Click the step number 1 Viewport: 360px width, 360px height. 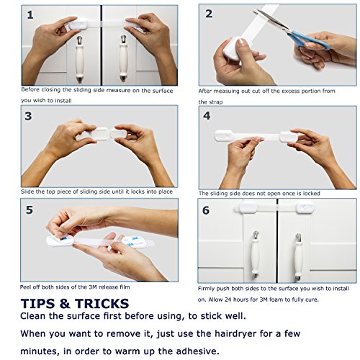click(x=30, y=15)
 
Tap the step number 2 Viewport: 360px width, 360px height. click(x=209, y=14)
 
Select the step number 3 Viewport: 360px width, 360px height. click(x=28, y=116)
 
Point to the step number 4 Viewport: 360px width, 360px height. click(x=207, y=116)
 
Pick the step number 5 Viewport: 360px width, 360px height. click(x=30, y=210)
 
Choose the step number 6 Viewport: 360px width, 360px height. click(x=206, y=210)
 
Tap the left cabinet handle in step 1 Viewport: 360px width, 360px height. click(x=80, y=59)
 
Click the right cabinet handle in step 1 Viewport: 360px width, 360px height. click(x=123, y=58)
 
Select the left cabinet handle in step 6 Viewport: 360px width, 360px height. click(x=256, y=255)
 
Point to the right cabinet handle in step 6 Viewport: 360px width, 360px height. click(x=298, y=257)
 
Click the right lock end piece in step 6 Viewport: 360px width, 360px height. click(x=305, y=207)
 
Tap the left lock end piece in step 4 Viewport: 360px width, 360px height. click(x=223, y=135)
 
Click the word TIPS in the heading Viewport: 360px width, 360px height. click(x=38, y=304)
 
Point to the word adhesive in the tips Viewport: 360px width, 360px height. click(x=197, y=351)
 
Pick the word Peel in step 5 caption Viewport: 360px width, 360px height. click(x=25, y=287)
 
